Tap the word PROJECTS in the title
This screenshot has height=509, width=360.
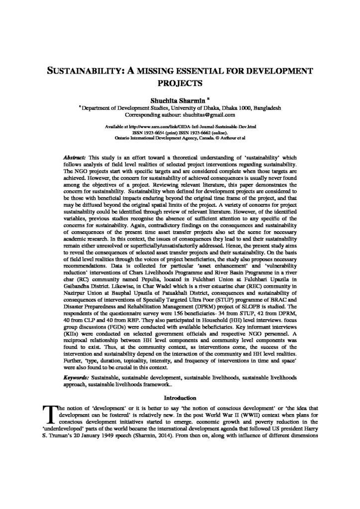coord(180,83)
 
